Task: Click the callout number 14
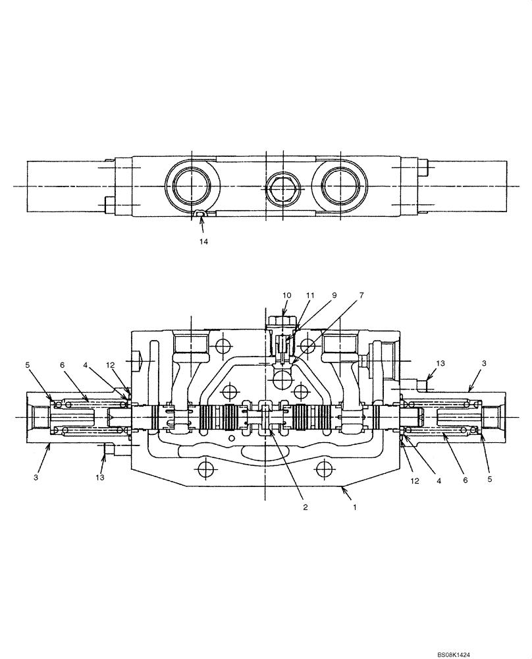203,242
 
